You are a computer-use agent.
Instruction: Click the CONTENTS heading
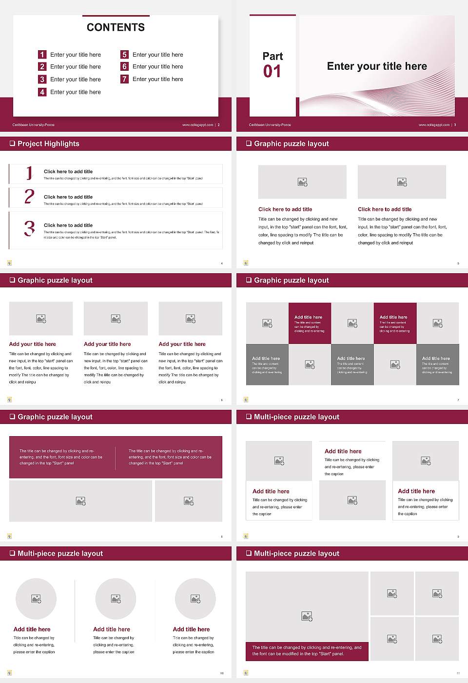point(116,27)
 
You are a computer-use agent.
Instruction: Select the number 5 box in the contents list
point(124,55)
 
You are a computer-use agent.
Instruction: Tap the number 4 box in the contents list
point(42,92)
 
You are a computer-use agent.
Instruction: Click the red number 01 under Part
point(272,72)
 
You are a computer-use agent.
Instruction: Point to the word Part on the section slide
point(273,56)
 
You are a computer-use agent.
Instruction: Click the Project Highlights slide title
point(48,143)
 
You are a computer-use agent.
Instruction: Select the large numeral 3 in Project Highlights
point(29,228)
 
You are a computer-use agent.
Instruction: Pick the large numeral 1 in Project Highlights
point(29,173)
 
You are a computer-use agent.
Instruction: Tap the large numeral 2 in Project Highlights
point(29,197)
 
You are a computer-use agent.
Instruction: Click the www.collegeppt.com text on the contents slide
point(197,125)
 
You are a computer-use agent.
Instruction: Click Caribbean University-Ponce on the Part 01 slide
point(270,125)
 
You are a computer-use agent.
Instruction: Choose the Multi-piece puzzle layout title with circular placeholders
point(60,553)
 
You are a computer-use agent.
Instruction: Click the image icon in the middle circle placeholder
point(116,599)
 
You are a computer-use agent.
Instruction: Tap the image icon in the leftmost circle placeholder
point(36,599)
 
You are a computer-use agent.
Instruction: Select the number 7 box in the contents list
point(124,79)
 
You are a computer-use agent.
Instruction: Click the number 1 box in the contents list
point(42,55)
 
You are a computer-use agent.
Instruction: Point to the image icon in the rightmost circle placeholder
point(195,599)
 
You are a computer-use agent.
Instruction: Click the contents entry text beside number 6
point(157,66)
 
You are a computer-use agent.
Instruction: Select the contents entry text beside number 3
point(75,79)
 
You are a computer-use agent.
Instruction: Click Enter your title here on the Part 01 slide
point(377,66)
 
